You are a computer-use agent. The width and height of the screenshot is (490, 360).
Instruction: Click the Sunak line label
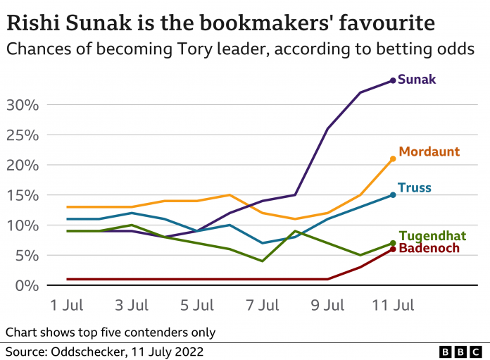coord(417,80)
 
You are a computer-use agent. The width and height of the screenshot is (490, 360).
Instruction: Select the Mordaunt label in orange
coord(429,151)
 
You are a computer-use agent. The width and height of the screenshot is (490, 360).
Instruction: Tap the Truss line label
coord(414,188)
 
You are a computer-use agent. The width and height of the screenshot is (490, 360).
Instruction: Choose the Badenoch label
coord(429,248)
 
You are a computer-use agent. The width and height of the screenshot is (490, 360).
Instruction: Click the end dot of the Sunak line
coord(393,80)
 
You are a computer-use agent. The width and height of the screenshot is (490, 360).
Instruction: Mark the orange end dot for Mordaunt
coord(393,159)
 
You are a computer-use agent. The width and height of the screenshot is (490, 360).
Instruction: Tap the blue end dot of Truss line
coord(393,195)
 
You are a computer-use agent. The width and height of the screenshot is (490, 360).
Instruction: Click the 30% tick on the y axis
coord(25,105)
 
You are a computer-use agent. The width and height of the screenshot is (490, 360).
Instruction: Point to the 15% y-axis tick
coord(25,195)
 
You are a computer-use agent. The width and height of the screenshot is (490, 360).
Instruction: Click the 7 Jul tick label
coord(263,305)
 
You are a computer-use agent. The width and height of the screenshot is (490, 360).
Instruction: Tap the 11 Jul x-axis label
coord(391,305)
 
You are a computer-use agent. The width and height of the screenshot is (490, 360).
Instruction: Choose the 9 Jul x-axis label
coord(328,305)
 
